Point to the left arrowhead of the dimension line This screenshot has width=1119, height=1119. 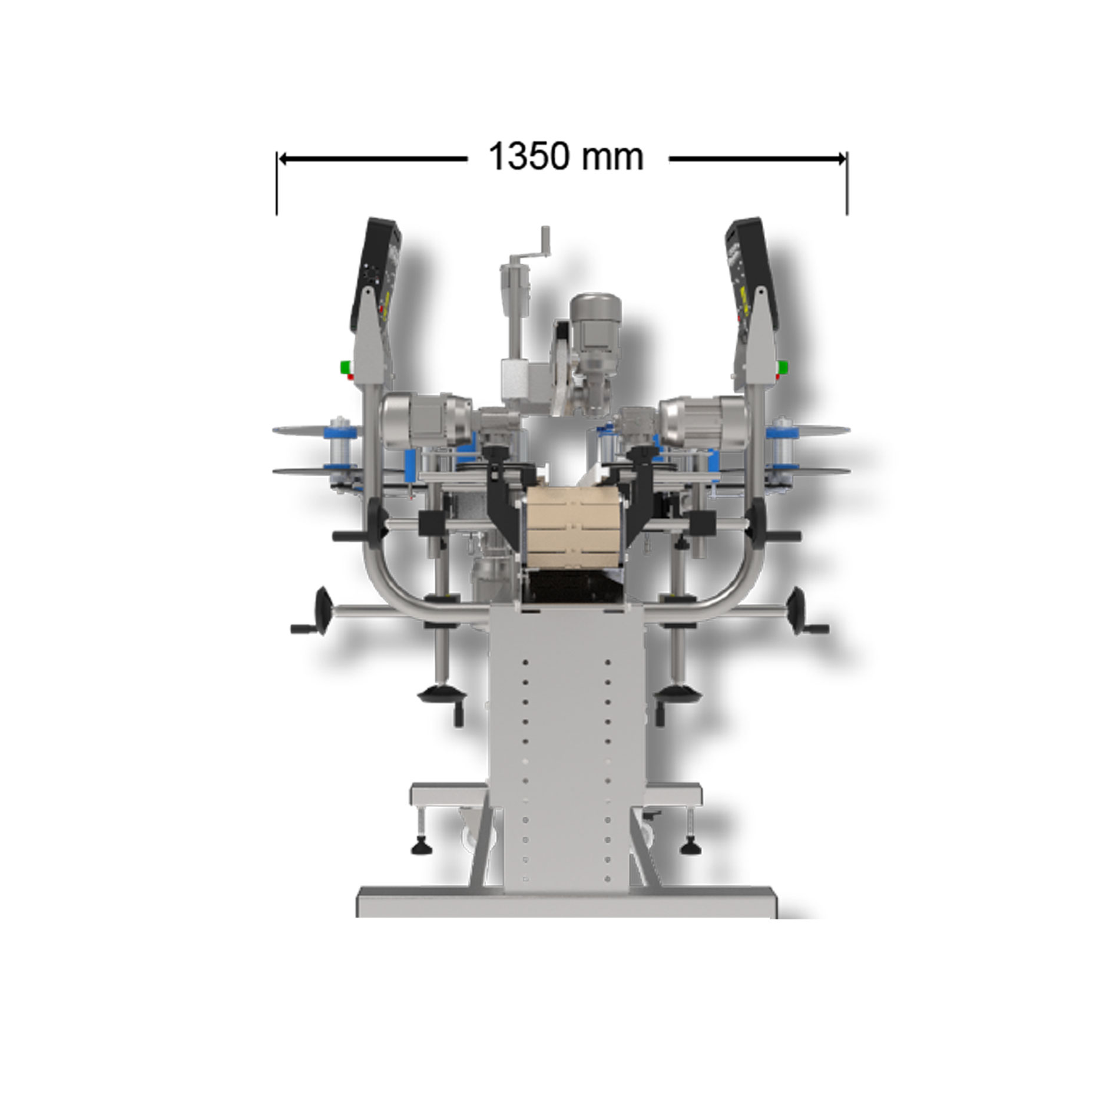coord(283,158)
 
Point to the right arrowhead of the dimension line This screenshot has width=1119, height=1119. coord(841,158)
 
